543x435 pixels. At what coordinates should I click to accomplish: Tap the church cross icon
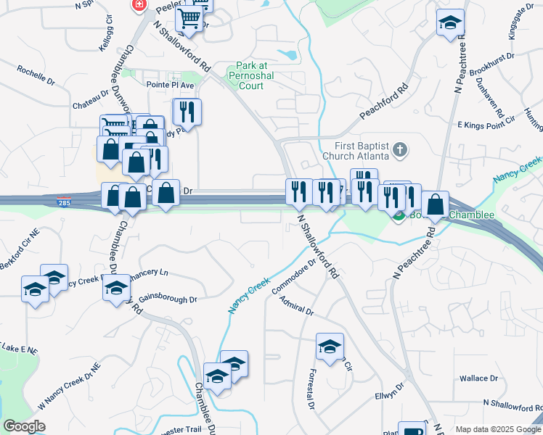[398, 151]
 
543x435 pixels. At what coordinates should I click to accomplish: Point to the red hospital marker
[138, 4]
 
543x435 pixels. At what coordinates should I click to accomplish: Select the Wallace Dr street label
[479, 378]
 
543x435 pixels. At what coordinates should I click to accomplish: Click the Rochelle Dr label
[36, 76]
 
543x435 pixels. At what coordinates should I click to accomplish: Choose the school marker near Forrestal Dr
[330, 346]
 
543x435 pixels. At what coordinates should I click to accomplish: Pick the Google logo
[25, 426]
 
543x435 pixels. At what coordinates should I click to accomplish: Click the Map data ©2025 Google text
[498, 429]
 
